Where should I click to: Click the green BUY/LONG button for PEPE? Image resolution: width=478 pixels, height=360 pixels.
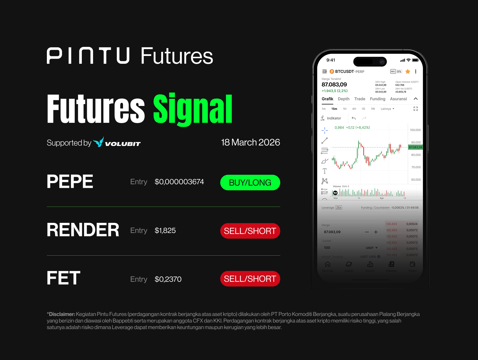[x=250, y=182]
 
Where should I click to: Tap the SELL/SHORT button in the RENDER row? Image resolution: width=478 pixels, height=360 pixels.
[x=250, y=231]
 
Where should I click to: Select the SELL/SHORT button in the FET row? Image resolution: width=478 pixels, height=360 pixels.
[x=250, y=279]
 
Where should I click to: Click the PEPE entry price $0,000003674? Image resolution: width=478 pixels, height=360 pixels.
[x=179, y=182]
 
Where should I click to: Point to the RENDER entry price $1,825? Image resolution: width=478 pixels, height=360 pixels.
[x=165, y=231]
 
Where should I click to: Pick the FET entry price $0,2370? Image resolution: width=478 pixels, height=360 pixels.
[x=168, y=279]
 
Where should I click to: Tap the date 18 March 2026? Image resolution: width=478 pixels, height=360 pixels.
[x=250, y=142]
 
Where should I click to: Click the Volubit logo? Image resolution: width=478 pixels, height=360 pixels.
[x=117, y=142]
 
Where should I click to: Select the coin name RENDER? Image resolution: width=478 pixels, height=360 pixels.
[x=83, y=230]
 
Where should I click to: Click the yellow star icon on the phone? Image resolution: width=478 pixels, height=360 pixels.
[x=408, y=72]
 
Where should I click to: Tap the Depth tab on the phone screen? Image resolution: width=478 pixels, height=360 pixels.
[x=344, y=99]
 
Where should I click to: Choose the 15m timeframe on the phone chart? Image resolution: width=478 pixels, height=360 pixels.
[x=334, y=109]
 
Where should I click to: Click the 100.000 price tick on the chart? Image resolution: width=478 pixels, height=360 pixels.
[x=415, y=130]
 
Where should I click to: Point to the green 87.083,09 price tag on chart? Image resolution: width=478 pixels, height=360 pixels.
[x=415, y=147]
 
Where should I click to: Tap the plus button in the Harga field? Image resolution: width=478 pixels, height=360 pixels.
[x=376, y=232]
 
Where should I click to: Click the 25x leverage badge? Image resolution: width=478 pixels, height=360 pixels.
[x=339, y=207]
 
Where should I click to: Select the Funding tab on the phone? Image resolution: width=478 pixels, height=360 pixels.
[x=377, y=99]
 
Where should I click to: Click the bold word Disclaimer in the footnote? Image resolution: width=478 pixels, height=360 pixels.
[x=62, y=314]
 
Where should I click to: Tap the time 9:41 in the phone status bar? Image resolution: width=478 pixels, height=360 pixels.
[x=331, y=60]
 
